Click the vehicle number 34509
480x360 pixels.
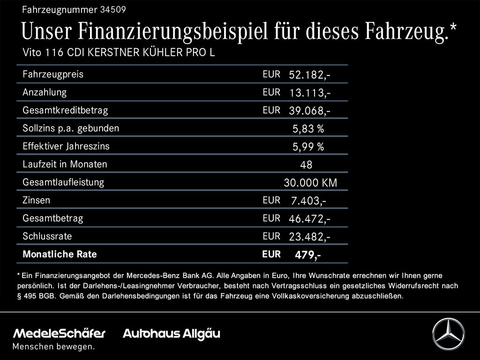pyautogui.click(x=113, y=9)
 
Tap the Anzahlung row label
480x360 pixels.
pyautogui.click(x=45, y=92)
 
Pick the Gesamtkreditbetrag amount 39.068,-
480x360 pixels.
pyautogui.click(x=310, y=111)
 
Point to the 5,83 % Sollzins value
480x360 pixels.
pyautogui.click(x=308, y=129)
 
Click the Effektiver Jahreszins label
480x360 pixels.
pyautogui.click(x=66, y=146)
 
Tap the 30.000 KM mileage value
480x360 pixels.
pyautogui.click(x=310, y=183)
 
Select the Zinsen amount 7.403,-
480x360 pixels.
pyautogui.click(x=308, y=201)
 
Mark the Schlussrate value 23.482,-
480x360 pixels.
pyautogui.click(x=310, y=237)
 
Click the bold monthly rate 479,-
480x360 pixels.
pyautogui.click(x=308, y=255)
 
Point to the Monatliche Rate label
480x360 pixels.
pyautogui.click(x=60, y=255)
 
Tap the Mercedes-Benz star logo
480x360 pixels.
pyautogui.click(x=448, y=334)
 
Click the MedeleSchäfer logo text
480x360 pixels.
pyautogui.click(x=59, y=334)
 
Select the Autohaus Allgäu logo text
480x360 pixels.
pyautogui.click(x=171, y=334)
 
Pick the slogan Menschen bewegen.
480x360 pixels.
pyautogui.click(x=53, y=347)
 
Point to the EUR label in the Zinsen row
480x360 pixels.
pyautogui.click(x=271, y=200)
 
